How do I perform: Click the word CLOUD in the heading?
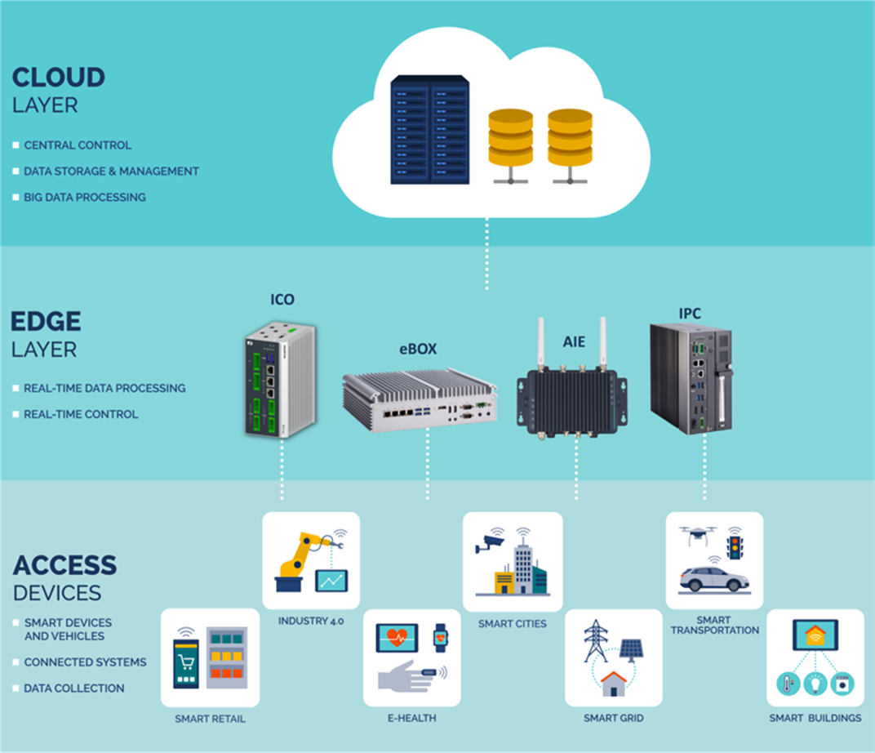point(59,78)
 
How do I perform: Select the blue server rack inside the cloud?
point(429,129)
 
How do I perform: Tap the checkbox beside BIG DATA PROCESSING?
point(16,198)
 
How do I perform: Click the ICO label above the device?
point(282,301)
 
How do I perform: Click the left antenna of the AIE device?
point(540,343)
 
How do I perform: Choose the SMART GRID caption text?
point(613,718)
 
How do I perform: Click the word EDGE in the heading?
point(47,321)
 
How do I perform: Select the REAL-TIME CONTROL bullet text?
point(81,414)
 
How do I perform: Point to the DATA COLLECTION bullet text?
point(74,688)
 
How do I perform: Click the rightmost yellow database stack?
point(569,136)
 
